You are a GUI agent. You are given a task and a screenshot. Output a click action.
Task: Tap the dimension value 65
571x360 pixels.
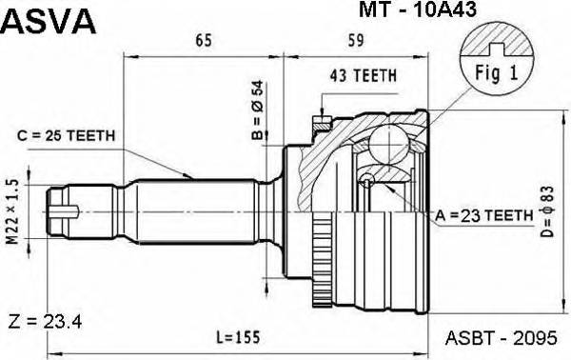coord(203,42)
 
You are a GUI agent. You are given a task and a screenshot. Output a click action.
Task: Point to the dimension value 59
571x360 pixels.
coord(353,42)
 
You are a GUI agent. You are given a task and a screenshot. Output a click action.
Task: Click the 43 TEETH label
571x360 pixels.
coord(363,75)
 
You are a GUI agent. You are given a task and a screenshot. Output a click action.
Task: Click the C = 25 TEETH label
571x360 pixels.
coord(67,135)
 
